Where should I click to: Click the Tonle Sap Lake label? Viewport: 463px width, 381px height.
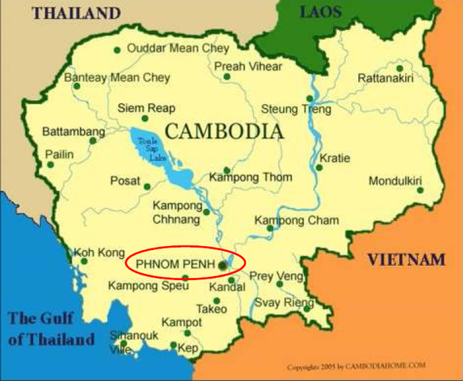pos(149,147)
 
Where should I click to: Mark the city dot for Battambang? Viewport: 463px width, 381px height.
pos(94,140)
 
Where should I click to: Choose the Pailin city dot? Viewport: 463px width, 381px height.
pos(50,165)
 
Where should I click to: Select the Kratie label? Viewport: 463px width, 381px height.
pos(335,159)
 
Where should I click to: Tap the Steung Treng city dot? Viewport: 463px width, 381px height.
pos(309,99)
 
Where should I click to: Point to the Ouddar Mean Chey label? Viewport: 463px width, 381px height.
pos(178,48)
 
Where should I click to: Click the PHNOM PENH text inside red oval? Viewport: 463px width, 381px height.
pos(175,263)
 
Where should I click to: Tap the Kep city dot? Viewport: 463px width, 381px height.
pos(174,345)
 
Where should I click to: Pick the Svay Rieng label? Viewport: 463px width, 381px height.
pos(281,303)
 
